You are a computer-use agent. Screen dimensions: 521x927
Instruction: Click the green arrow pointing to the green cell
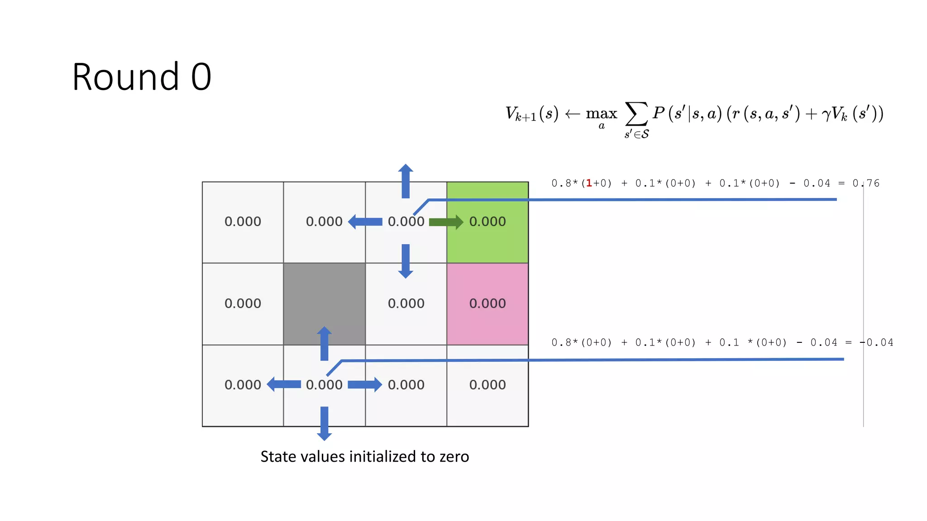[446, 222]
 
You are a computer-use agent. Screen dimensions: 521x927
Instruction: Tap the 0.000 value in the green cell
[487, 222]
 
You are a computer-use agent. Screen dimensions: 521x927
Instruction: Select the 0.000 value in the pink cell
[487, 303]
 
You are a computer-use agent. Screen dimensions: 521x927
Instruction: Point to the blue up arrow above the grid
[406, 181]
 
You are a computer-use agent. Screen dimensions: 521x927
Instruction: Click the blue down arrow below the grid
[324, 423]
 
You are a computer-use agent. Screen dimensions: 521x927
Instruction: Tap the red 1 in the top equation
[589, 183]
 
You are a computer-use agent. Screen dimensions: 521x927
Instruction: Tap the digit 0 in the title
[201, 77]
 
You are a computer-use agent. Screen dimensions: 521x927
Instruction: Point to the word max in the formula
[602, 113]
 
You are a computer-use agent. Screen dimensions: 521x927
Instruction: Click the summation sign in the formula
[636, 114]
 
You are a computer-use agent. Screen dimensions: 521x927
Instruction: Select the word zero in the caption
[454, 457]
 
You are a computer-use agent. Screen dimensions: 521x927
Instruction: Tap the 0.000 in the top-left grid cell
[243, 222]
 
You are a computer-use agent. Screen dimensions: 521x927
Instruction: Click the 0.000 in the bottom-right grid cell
[487, 385]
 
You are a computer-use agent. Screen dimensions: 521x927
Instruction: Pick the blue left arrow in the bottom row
[284, 384]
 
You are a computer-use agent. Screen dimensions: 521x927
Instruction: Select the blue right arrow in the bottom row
[365, 385]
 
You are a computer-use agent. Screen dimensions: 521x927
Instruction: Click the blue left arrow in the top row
[365, 222]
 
